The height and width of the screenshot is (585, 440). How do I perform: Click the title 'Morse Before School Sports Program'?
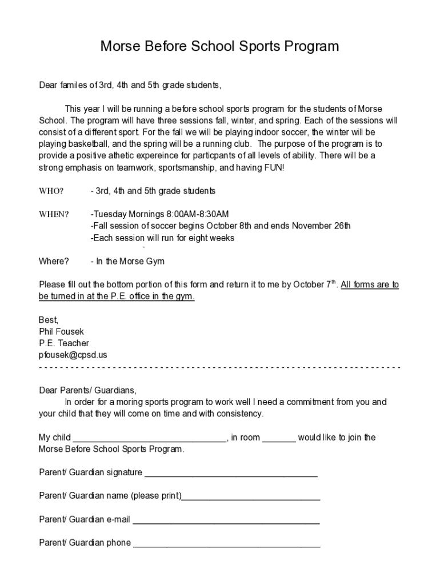point(219,46)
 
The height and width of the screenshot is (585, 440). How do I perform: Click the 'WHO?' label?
point(51,191)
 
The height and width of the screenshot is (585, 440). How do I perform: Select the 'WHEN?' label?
point(54,214)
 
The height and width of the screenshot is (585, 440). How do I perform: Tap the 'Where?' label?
point(54,261)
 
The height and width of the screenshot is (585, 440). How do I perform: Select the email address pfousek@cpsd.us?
point(73,355)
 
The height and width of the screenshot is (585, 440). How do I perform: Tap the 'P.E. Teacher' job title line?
point(64,343)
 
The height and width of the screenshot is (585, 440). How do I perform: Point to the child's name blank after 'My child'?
point(150,438)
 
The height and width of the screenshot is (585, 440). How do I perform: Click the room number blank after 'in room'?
point(279,438)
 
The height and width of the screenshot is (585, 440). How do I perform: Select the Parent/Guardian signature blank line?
point(231,473)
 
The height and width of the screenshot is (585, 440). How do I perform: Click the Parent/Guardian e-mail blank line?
point(226,520)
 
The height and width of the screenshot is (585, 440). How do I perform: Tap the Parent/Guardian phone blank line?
point(226,543)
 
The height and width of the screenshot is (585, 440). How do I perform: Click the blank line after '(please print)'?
point(251,496)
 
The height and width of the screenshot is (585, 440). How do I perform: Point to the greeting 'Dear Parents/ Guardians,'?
point(87,390)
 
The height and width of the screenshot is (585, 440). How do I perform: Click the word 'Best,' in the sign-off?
point(49,319)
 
